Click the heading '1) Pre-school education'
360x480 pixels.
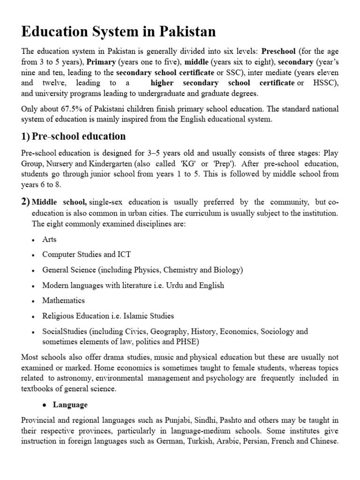[74, 136]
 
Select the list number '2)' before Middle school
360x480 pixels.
[26, 202]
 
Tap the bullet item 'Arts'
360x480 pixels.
[49, 239]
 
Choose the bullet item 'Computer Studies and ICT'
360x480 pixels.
[86, 255]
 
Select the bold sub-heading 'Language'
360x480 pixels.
[70, 405]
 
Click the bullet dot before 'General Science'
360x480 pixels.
[33, 270]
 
